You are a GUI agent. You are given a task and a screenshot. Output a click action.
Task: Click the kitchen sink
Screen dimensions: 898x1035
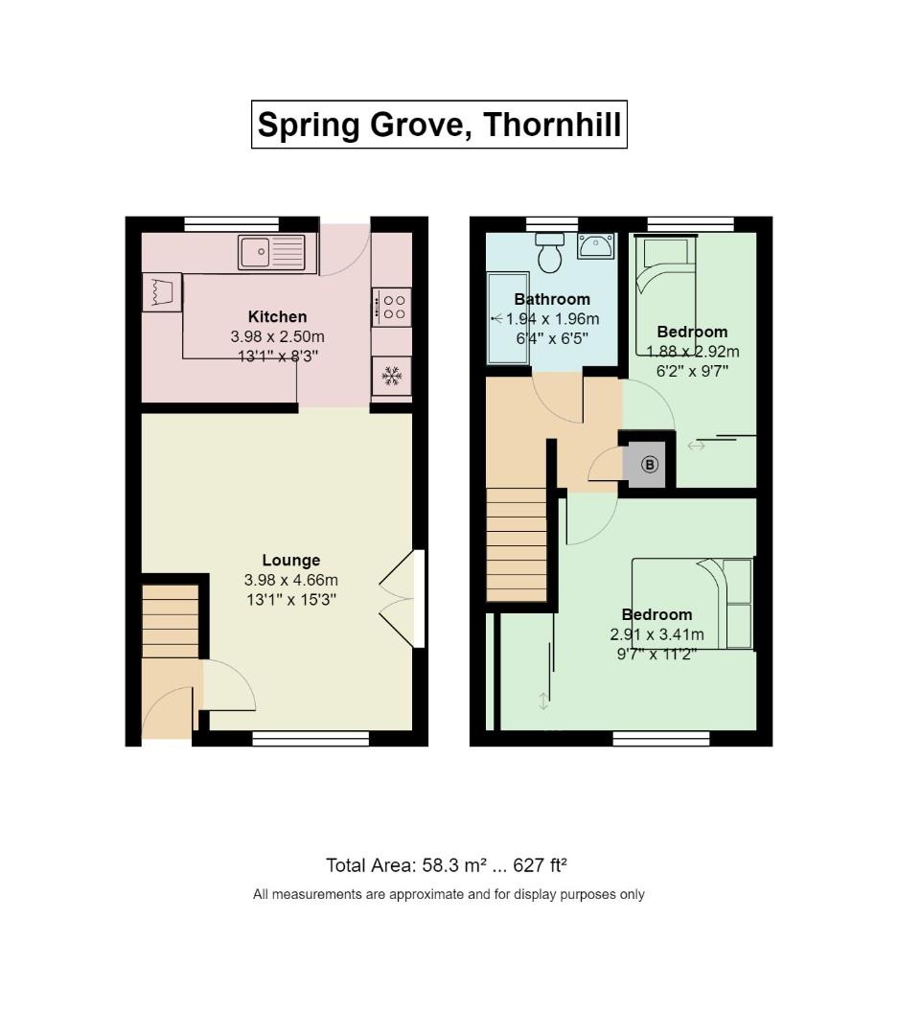(x=272, y=252)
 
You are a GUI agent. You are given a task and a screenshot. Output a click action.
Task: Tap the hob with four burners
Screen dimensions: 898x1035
(x=392, y=307)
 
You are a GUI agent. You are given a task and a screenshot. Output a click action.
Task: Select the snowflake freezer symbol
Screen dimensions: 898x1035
(x=392, y=377)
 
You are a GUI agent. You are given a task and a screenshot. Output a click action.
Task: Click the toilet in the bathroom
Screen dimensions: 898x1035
(x=549, y=251)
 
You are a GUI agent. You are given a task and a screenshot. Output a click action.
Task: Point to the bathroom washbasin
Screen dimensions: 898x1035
(x=595, y=245)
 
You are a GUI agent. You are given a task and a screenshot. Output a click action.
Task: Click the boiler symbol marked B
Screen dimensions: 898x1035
(x=650, y=465)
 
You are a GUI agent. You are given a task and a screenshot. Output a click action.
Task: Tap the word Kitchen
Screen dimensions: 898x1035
(x=277, y=316)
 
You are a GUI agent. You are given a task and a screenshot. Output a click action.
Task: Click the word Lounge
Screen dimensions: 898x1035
(x=291, y=560)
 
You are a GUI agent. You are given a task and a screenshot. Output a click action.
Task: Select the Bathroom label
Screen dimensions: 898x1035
(x=552, y=299)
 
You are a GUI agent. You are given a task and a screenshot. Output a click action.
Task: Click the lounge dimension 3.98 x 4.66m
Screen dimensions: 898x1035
(x=291, y=580)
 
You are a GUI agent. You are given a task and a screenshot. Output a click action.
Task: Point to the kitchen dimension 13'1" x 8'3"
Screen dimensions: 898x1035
(x=277, y=356)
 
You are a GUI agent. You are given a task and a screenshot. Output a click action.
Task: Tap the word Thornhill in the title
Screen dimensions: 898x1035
(x=552, y=124)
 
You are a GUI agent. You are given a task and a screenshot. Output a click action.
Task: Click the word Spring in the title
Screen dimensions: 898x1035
(x=309, y=126)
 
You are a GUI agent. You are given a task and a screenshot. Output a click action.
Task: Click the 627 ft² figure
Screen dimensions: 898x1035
(x=541, y=864)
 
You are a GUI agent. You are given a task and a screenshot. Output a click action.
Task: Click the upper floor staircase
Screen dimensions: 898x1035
(x=517, y=544)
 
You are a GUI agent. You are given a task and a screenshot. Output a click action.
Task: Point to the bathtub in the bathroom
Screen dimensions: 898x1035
(x=508, y=318)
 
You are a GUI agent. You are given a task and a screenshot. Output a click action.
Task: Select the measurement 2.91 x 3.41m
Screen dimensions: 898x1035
(x=657, y=635)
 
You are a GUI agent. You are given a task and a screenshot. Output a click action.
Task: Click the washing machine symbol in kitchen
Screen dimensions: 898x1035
(x=162, y=292)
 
